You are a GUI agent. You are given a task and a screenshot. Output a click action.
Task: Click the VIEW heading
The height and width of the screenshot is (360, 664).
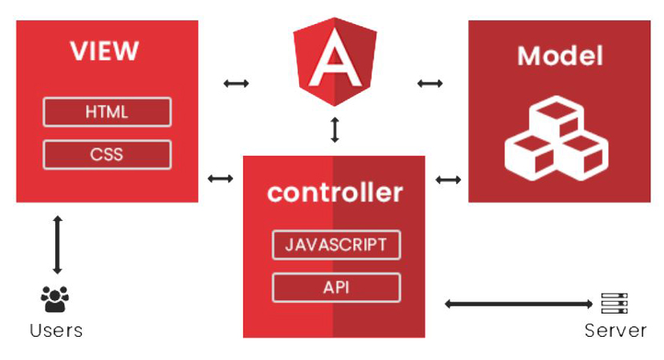coord(105,51)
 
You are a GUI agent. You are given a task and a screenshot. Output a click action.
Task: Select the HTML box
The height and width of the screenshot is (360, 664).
coord(106,112)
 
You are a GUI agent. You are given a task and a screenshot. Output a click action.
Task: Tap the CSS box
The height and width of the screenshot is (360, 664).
coord(106,154)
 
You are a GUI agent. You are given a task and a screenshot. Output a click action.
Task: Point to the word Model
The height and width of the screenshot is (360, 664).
coord(560,56)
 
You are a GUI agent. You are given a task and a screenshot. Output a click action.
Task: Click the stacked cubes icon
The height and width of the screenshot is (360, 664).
coord(554,134)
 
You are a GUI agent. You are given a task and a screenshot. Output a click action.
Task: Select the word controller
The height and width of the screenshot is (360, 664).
coord(334,193)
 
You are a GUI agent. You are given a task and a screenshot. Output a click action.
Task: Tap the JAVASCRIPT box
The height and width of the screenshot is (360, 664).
coord(336,244)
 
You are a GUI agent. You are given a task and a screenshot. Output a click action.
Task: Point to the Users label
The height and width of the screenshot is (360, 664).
coord(55,330)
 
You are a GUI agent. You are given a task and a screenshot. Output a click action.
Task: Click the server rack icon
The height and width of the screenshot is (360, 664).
coord(614,303)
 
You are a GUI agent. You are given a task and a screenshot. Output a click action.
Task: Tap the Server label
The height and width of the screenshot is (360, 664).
coord(615,330)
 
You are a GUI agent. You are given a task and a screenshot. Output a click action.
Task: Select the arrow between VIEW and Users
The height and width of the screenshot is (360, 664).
coord(57,245)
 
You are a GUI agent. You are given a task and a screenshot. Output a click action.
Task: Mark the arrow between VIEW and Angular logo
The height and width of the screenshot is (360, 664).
coord(236,82)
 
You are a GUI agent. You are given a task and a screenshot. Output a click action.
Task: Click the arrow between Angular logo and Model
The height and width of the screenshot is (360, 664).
coord(430,82)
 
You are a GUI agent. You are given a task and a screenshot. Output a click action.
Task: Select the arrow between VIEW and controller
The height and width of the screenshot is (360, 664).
coord(220,178)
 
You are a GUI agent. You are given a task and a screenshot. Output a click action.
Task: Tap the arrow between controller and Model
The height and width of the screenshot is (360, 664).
coord(448,180)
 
